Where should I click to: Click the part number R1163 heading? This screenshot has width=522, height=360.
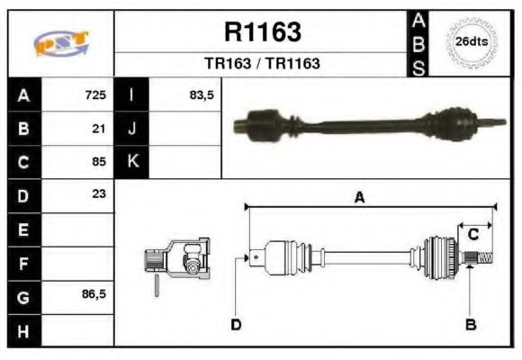(262, 32)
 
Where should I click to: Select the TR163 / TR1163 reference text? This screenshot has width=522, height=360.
(262, 64)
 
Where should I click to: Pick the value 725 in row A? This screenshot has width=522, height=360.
(95, 94)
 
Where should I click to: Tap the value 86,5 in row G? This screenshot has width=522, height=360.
(94, 295)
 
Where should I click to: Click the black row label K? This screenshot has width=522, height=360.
(132, 162)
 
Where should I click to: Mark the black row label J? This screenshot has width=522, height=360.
(132, 128)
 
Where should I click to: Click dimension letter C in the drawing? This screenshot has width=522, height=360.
(472, 236)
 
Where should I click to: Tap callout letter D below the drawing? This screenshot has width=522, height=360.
(236, 324)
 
